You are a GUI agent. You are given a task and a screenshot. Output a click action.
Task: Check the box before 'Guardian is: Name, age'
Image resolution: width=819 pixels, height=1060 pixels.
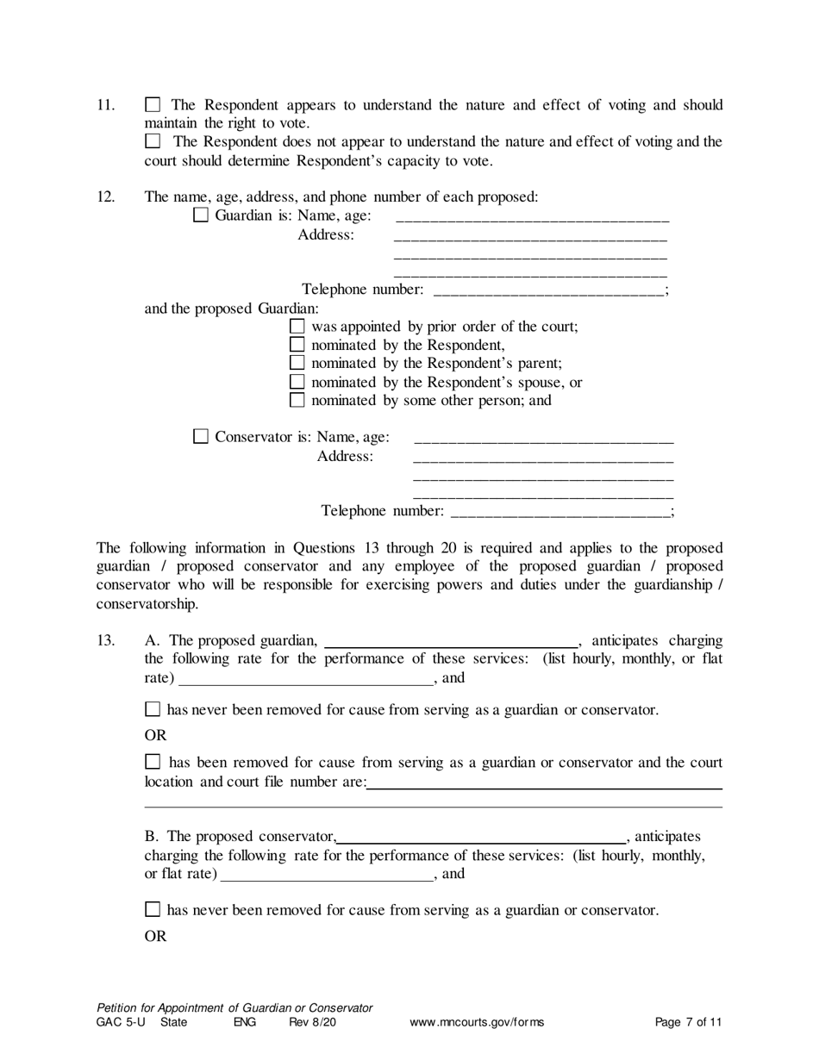[201, 215]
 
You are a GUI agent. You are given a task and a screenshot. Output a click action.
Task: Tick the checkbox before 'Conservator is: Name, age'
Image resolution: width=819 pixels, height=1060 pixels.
[201, 437]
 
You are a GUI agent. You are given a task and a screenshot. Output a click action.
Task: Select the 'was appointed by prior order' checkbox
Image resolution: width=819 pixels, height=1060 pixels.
[297, 327]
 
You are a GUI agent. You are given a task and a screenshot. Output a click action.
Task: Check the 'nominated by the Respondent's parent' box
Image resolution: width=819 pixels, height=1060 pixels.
[297, 364]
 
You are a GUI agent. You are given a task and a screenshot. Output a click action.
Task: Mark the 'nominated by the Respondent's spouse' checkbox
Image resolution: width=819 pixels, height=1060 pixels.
[297, 382]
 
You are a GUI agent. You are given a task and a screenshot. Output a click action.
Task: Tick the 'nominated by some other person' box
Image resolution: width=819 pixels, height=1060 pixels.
[297, 400]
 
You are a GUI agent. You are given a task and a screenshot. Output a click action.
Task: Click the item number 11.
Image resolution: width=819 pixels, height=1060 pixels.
[105, 105]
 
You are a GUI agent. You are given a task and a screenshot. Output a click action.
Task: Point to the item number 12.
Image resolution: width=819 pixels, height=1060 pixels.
[105, 196]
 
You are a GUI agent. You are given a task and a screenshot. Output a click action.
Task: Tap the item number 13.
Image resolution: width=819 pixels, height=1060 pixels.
[105, 640]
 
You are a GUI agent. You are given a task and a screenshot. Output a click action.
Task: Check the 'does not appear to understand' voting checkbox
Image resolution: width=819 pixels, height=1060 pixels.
[153, 141]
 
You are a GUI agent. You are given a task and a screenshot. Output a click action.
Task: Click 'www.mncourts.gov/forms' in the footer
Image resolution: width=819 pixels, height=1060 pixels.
[477, 1023]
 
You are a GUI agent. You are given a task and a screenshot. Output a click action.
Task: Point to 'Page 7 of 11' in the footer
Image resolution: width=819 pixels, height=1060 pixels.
[688, 1023]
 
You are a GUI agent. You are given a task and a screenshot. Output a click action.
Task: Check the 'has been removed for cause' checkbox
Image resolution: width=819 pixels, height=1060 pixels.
[153, 762]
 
